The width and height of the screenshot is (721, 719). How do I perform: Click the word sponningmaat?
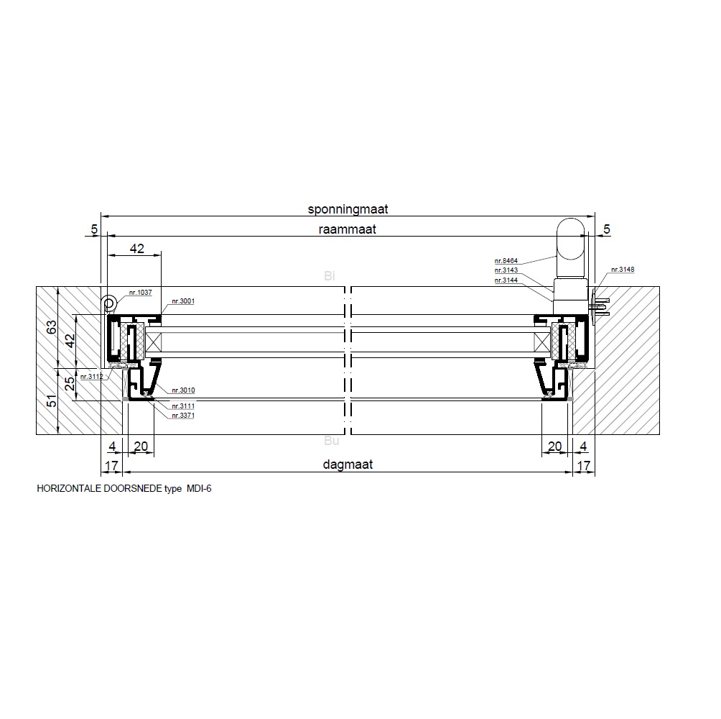[x=348, y=209]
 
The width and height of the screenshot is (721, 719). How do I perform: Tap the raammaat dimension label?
[x=347, y=229]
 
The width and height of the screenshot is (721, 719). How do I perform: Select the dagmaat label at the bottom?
[x=348, y=464]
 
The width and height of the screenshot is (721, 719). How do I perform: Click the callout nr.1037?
[x=140, y=293]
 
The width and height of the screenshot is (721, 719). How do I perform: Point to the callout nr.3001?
[x=183, y=301]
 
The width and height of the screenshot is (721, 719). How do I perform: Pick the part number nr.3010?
[x=183, y=390]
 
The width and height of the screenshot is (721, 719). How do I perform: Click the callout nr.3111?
[x=183, y=406]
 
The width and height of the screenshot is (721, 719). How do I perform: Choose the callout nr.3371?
[x=183, y=415]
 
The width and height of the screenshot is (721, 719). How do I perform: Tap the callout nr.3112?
[x=91, y=377]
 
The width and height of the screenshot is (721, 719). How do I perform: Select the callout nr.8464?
[x=506, y=260]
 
